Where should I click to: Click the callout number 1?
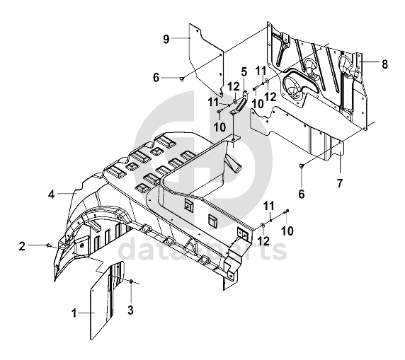click(x=74, y=313)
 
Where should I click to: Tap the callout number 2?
click(x=22, y=246)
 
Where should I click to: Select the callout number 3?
click(x=131, y=310)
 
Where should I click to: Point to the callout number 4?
click(x=52, y=194)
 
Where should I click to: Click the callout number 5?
click(x=244, y=72)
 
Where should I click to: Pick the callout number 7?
click(x=340, y=183)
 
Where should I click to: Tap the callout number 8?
click(x=384, y=64)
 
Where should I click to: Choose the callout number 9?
click(x=166, y=39)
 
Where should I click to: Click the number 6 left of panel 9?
click(x=156, y=77)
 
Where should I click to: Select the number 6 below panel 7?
click(x=302, y=194)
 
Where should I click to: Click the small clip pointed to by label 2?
click(x=48, y=245)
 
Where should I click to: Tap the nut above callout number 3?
click(x=131, y=281)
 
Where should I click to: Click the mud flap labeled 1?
click(x=108, y=301)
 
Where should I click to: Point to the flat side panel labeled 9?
click(x=206, y=59)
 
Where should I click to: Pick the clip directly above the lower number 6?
click(x=302, y=166)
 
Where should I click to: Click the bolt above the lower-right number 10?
click(x=287, y=211)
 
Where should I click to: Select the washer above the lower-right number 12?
click(x=262, y=226)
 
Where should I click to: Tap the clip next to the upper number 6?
click(x=182, y=78)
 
